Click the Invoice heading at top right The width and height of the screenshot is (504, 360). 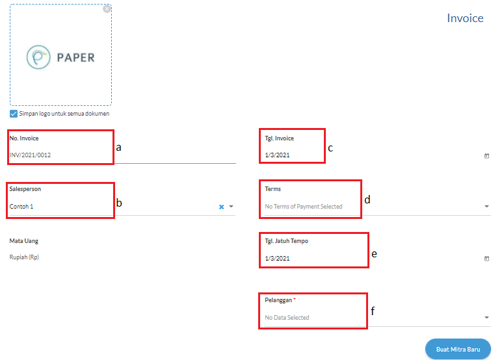click(x=465, y=18)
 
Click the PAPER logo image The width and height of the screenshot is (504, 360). click(x=60, y=57)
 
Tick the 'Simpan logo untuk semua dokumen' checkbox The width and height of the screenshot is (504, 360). click(x=14, y=114)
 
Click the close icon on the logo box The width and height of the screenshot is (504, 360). click(x=107, y=9)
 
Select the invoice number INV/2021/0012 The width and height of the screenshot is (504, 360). click(x=30, y=155)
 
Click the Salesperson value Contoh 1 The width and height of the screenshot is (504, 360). click(x=21, y=207)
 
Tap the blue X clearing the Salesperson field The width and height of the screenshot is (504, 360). click(x=221, y=207)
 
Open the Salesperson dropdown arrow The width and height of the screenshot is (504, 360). click(x=231, y=207)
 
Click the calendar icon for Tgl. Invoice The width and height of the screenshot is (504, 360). click(x=486, y=156)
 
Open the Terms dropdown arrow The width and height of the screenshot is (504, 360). click(x=486, y=207)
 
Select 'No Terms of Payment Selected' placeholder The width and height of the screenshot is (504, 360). click(x=304, y=207)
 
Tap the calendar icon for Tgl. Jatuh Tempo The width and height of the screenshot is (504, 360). click(x=486, y=258)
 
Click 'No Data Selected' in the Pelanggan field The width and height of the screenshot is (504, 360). click(x=287, y=318)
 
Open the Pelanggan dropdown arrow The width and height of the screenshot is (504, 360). click(x=486, y=318)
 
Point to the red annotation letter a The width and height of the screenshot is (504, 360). click(x=118, y=148)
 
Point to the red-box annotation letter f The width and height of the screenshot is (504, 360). click(x=373, y=311)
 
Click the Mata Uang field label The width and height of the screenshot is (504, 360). click(x=23, y=241)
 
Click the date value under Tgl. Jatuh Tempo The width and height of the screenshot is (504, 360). click(x=277, y=258)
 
